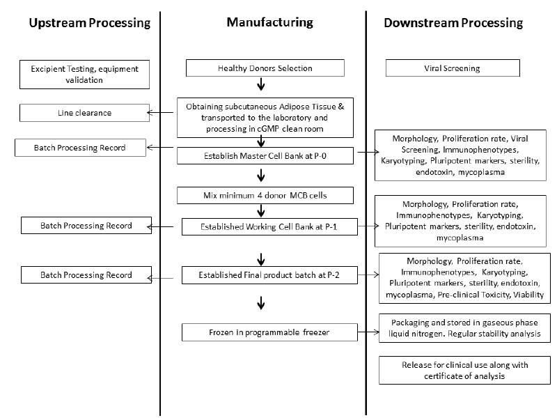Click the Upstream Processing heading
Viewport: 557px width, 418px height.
(90, 23)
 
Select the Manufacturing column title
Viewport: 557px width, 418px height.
(269, 22)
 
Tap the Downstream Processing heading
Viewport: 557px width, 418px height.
(453, 23)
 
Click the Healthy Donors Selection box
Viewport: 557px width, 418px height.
(265, 68)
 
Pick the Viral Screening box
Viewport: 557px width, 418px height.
(453, 68)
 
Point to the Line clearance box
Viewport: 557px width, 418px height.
(84, 113)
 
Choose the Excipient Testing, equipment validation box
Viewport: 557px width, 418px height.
(84, 75)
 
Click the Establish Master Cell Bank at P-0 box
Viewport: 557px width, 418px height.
(265, 155)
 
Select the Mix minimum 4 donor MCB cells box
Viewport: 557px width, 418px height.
(265, 195)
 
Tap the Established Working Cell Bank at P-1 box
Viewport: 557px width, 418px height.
(269, 227)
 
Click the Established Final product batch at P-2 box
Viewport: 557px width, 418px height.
(269, 275)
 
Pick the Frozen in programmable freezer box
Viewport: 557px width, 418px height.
(269, 332)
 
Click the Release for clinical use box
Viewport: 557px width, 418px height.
(464, 370)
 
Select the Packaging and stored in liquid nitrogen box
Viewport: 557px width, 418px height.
(464, 328)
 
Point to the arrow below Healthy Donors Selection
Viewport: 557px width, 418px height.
(261, 84)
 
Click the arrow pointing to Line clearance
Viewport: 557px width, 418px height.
(160, 113)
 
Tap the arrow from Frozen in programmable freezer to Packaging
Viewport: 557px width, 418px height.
(368, 332)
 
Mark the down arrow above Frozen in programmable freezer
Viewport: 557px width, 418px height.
(261, 303)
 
